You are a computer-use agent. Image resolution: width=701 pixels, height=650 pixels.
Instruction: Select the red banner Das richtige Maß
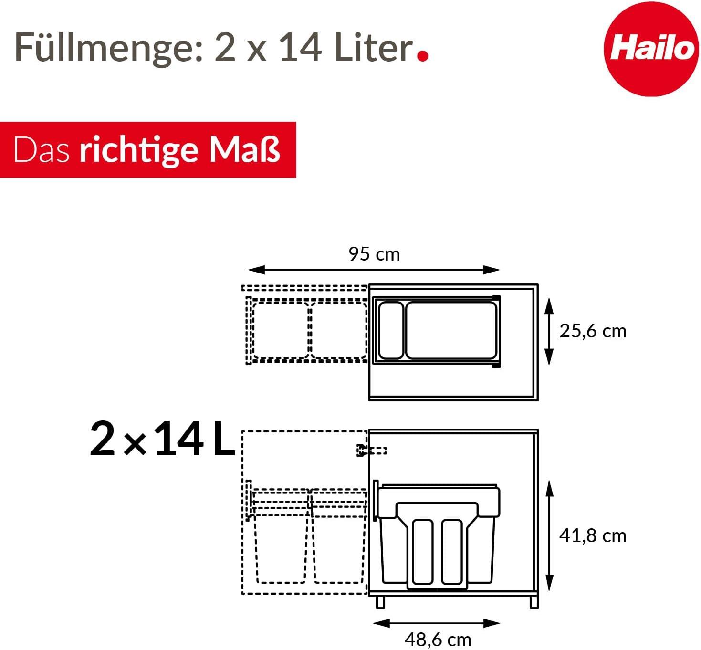point(147,150)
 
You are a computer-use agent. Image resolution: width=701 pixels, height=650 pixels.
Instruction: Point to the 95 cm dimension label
point(374,254)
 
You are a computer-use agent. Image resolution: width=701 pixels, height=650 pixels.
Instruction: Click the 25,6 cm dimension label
point(593,331)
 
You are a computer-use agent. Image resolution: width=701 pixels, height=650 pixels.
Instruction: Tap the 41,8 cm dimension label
point(593,535)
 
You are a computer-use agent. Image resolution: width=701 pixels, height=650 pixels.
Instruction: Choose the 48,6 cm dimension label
point(438,639)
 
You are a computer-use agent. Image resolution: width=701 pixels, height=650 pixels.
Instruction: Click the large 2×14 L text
point(162,440)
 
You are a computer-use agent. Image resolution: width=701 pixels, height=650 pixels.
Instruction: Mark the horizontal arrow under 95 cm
point(374,270)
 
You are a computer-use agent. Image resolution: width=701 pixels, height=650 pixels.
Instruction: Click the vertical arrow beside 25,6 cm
point(549,331)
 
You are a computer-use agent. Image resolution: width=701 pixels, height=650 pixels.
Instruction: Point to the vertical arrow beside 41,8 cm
point(550,535)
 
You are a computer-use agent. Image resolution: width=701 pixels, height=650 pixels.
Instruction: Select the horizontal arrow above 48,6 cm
point(436,623)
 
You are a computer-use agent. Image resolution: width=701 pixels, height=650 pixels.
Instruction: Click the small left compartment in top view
point(391,330)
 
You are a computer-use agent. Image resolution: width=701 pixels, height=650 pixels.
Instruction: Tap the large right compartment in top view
point(451,330)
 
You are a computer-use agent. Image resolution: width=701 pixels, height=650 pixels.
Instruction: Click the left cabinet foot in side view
point(380,601)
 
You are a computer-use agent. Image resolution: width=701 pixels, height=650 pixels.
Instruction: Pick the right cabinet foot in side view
point(534,601)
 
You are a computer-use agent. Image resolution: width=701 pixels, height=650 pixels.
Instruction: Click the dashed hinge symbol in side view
point(371,450)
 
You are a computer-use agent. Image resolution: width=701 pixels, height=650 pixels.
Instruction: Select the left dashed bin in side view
point(281,544)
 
